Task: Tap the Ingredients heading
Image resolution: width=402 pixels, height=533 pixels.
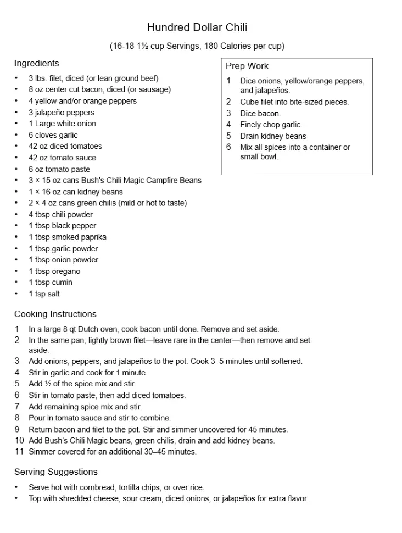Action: (x=36, y=63)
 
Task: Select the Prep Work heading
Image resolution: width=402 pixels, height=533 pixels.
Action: (x=247, y=66)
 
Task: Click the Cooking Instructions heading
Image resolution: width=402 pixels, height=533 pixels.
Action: (x=55, y=314)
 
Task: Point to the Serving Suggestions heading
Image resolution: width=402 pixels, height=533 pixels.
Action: (x=55, y=472)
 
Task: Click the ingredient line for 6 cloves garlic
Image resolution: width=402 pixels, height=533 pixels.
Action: (x=53, y=135)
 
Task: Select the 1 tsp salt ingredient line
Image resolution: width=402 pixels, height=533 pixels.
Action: (x=44, y=294)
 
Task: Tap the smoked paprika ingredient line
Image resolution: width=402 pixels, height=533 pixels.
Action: (x=68, y=237)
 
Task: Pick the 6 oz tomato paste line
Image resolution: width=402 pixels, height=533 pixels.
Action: (x=59, y=169)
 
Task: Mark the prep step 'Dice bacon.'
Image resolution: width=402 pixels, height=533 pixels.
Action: (x=260, y=114)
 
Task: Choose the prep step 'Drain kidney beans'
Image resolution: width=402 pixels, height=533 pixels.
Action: (x=273, y=136)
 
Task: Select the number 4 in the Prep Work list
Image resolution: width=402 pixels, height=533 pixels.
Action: (x=228, y=125)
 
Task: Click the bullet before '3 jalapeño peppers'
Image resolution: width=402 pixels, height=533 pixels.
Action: (x=16, y=113)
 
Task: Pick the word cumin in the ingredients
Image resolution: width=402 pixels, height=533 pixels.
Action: (x=62, y=282)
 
